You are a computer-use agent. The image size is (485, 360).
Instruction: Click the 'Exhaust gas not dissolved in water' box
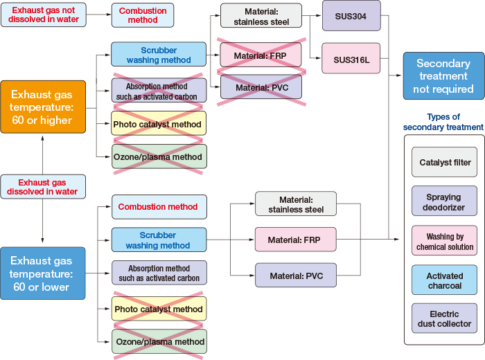click(x=44, y=15)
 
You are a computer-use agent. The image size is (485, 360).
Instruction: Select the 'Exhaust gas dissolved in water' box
click(x=43, y=187)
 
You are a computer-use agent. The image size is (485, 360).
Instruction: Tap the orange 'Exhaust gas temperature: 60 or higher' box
click(x=43, y=106)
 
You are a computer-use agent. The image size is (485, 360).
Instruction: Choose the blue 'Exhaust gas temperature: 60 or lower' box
click(x=43, y=273)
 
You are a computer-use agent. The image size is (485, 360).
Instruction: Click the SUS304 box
click(x=351, y=15)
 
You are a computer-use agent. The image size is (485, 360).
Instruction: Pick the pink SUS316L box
click(x=351, y=58)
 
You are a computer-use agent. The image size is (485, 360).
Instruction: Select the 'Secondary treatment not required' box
click(x=443, y=75)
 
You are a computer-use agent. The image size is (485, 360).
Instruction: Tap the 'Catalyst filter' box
click(x=444, y=162)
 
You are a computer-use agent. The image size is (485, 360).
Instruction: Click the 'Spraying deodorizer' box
click(x=444, y=202)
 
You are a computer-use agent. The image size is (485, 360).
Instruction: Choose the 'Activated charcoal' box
click(x=444, y=280)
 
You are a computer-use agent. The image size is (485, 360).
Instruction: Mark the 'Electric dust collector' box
click(x=444, y=319)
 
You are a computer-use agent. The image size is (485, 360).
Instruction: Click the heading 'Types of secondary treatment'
click(x=443, y=122)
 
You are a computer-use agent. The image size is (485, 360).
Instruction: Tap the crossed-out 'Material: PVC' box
click(x=261, y=87)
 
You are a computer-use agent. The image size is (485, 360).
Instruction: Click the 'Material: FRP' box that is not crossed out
click(x=295, y=240)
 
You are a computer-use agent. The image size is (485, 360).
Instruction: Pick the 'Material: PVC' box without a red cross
click(x=295, y=276)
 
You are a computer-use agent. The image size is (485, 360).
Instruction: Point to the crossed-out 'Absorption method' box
click(x=159, y=91)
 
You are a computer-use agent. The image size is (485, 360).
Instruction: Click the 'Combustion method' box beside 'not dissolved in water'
click(x=143, y=15)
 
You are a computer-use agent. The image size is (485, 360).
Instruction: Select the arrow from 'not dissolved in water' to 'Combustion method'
click(x=99, y=15)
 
